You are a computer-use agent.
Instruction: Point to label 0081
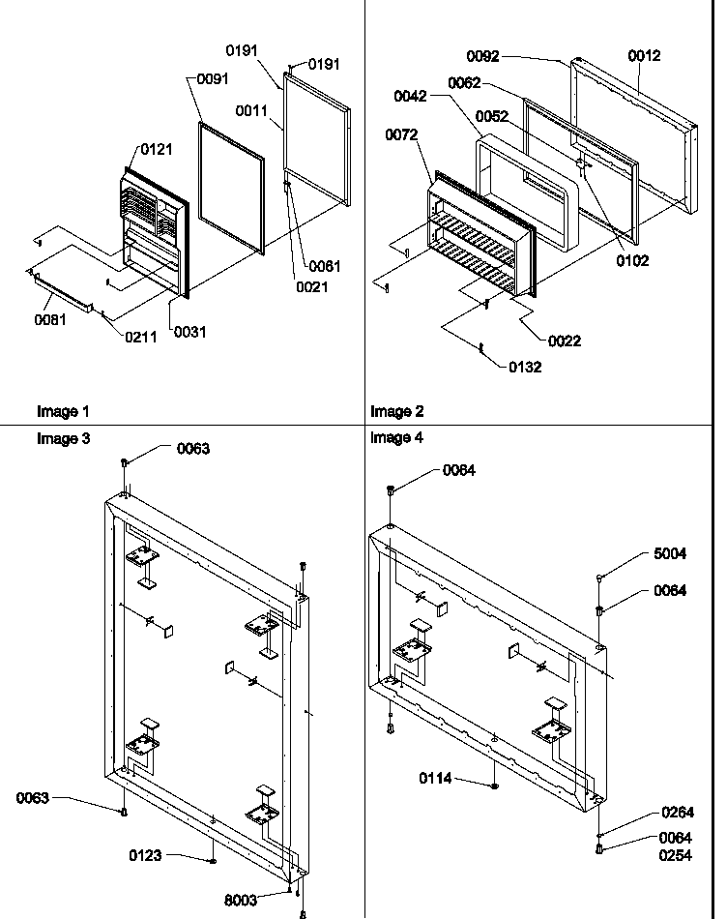click(49, 320)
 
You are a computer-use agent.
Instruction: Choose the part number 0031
click(189, 332)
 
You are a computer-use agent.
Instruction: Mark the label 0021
click(312, 287)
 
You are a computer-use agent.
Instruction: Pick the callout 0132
click(525, 367)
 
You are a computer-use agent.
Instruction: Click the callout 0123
click(145, 855)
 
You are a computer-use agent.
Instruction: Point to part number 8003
click(242, 901)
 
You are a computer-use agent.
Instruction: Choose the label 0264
click(678, 813)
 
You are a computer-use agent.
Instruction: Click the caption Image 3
click(63, 438)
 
